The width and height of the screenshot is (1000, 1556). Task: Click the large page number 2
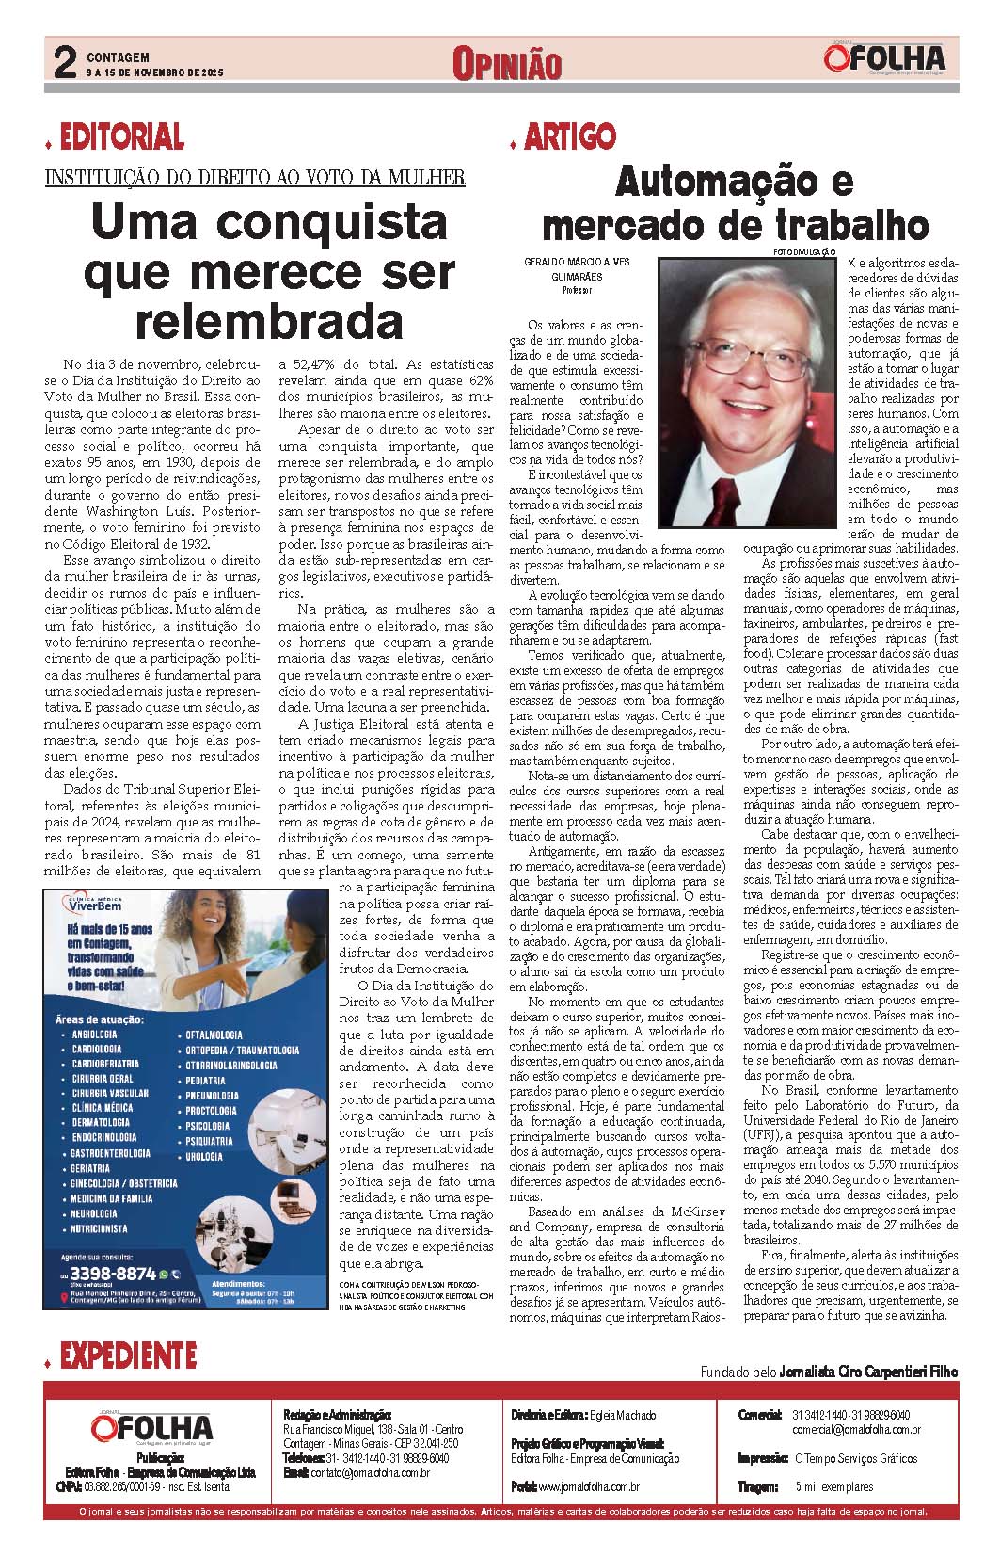point(64,63)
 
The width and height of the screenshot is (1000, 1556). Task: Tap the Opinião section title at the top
point(506,64)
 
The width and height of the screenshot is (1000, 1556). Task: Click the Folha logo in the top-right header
point(883,60)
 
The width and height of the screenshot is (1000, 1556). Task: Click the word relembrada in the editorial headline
point(270,319)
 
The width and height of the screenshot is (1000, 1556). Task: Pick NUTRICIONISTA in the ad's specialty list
point(99,1228)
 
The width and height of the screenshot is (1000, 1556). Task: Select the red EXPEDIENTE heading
point(127,1355)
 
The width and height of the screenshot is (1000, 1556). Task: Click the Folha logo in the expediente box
point(152,1427)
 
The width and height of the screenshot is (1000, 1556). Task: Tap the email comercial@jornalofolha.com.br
point(856,1430)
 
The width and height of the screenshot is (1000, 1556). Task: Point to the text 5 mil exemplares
point(833,1486)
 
